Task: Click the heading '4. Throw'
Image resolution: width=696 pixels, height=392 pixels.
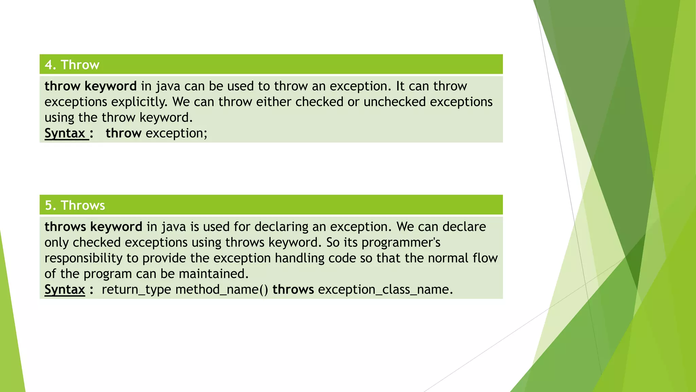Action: tap(72, 65)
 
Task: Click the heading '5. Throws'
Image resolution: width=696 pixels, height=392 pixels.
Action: tap(75, 205)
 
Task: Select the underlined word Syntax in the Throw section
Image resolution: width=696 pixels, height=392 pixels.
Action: tap(65, 133)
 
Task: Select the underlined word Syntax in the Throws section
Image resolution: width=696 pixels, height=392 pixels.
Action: tap(65, 289)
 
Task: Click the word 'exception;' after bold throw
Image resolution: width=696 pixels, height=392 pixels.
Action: tap(176, 133)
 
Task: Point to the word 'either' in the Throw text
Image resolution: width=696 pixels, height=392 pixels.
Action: tap(274, 102)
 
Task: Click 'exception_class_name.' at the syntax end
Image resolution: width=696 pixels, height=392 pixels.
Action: tap(385, 289)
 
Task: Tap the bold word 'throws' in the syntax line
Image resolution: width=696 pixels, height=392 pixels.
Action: tap(293, 289)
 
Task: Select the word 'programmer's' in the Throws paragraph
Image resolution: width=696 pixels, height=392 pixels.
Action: tap(401, 242)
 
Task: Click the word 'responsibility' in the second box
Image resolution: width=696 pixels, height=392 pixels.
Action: tap(83, 258)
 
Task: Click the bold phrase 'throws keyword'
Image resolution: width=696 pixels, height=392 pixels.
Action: tap(93, 227)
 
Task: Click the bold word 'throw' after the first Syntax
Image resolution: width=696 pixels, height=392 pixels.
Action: tap(123, 133)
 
